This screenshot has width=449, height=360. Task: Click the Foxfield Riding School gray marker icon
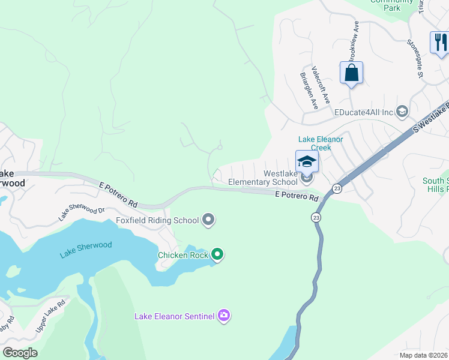click(208, 220)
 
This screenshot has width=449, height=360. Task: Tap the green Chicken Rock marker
click(217, 255)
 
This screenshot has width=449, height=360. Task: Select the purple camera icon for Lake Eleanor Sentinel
click(224, 316)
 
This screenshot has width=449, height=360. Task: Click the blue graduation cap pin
click(307, 161)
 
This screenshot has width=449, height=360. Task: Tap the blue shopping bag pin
click(351, 73)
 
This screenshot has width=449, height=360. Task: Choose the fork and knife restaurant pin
click(439, 42)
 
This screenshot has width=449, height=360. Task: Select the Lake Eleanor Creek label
click(321, 143)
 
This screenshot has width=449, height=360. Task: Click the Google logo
click(20, 353)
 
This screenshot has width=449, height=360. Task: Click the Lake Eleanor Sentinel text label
click(174, 316)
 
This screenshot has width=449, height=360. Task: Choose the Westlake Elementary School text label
click(264, 178)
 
